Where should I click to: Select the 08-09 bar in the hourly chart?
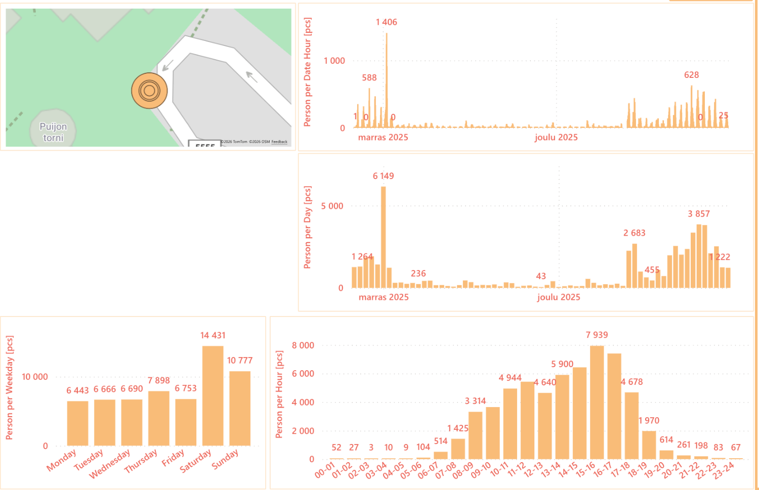pos(475,435)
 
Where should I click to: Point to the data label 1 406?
pos(387,22)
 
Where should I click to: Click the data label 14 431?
pos(213,335)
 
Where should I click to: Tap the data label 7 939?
pos(597,335)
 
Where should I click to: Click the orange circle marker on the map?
pos(149,91)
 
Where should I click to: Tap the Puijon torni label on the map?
pos(53,132)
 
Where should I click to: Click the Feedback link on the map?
pos(279,142)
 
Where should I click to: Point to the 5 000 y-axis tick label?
pos(332,206)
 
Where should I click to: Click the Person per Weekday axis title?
pos(10,387)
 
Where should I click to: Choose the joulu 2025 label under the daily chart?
pos(559,297)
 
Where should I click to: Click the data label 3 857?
pos(698,214)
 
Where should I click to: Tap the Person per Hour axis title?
pos(279,394)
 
